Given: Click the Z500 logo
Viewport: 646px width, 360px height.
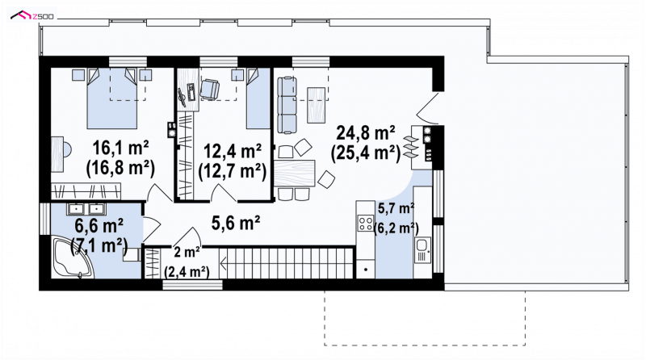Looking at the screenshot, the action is (x=32, y=16).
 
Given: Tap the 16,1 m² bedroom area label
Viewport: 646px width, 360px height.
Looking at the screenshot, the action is (x=120, y=148).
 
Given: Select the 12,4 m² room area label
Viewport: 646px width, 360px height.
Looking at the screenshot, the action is (x=233, y=152).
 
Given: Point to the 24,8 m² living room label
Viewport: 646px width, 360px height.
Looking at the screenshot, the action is (x=366, y=133).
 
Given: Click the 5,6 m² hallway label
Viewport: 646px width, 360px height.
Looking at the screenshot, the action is (x=236, y=224).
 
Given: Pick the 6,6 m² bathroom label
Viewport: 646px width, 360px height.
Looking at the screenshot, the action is (x=99, y=226).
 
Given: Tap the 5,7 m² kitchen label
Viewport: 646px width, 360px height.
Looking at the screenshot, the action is (x=396, y=209).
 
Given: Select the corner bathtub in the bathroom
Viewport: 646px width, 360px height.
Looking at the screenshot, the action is (x=73, y=257).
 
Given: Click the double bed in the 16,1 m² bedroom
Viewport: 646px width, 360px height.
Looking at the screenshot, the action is (x=111, y=98).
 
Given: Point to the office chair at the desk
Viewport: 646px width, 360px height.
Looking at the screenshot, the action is (x=210, y=89).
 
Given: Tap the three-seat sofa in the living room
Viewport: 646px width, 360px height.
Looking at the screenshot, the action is (x=287, y=105).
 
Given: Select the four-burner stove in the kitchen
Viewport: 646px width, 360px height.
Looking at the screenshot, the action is (x=366, y=224).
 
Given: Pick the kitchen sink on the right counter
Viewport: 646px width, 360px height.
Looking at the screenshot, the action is (x=422, y=250).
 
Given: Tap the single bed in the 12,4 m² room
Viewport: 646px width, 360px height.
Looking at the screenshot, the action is (x=258, y=98).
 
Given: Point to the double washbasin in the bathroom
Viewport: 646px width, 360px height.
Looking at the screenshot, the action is (x=86, y=209).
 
